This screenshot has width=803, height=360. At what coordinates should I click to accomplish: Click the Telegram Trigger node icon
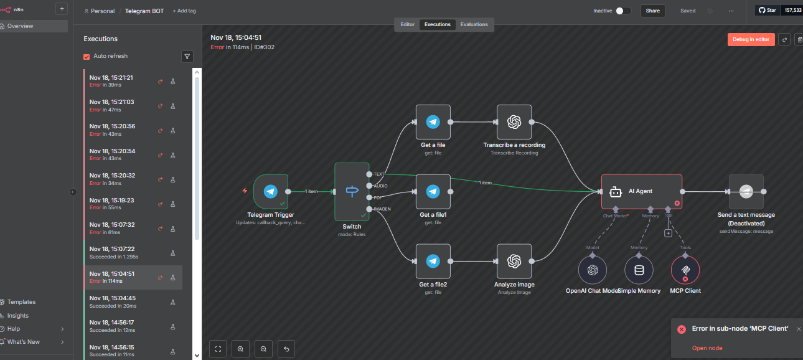(x=270, y=191)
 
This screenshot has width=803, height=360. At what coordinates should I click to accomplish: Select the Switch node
(x=352, y=191)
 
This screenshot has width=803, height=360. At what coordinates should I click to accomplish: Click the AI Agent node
(x=641, y=191)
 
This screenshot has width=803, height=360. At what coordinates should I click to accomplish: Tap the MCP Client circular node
(x=685, y=270)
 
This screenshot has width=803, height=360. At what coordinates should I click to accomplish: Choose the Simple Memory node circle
(x=639, y=270)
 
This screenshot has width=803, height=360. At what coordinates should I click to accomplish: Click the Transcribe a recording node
(x=514, y=122)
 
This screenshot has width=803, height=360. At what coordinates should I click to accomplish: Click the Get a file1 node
(x=433, y=191)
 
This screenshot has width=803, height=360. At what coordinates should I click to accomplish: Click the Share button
(x=652, y=11)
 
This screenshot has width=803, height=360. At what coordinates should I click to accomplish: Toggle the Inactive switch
(x=623, y=11)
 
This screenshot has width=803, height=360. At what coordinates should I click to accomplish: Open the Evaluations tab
(x=474, y=24)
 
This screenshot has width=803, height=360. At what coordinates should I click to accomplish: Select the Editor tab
(x=407, y=24)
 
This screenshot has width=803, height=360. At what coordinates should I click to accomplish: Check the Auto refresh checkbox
(x=87, y=57)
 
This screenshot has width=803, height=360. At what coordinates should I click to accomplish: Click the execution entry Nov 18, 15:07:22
(x=124, y=252)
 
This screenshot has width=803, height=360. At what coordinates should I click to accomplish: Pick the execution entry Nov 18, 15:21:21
(x=124, y=81)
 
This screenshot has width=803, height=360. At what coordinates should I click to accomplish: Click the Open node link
(x=707, y=348)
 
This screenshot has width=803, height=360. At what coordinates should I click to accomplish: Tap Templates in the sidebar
(x=21, y=302)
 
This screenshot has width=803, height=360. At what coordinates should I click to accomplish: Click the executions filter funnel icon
(x=187, y=57)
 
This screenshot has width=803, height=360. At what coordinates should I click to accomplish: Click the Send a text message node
(x=746, y=191)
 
